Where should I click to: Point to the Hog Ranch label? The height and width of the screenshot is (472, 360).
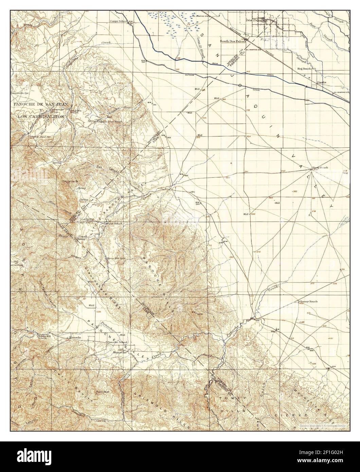(x=304, y=69)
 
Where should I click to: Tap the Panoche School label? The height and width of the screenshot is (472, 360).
(x=118, y=342)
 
